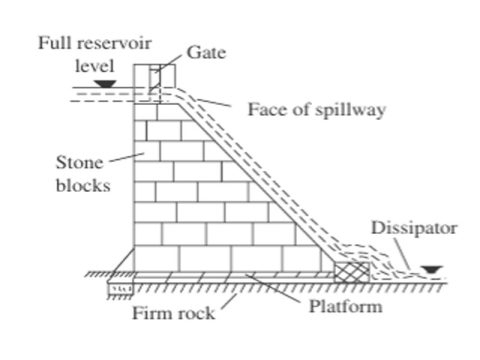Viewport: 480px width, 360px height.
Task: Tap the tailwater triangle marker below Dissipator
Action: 430,268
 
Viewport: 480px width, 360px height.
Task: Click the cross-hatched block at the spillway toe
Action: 351,265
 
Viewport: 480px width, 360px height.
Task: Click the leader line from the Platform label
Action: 279,290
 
